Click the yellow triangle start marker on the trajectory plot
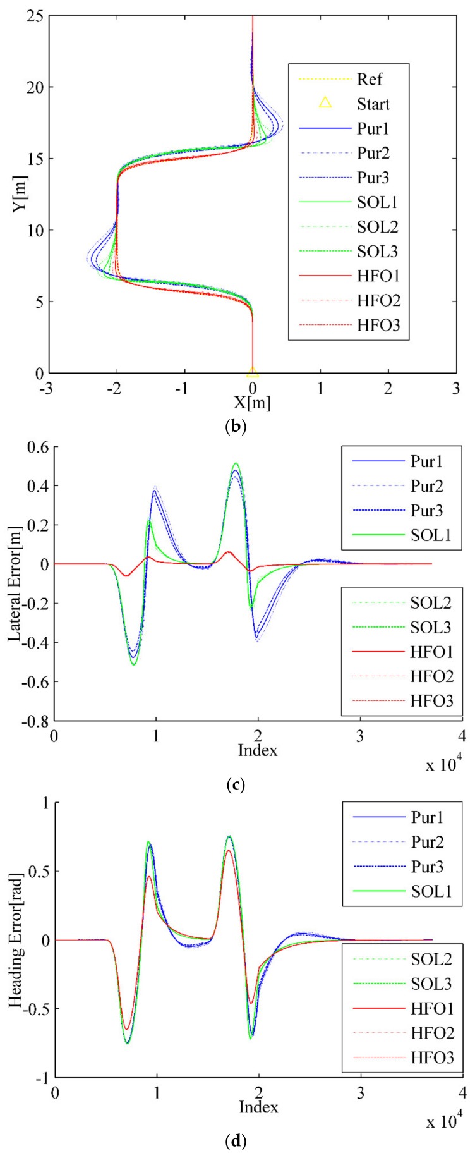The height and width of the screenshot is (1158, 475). [x=253, y=372]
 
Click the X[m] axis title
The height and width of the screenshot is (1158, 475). [x=253, y=403]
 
